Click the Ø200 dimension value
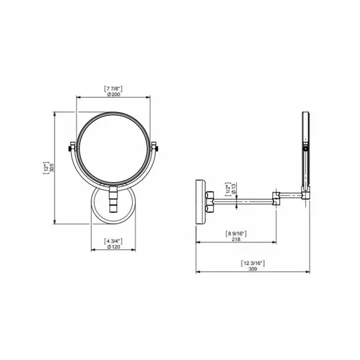point(113,94)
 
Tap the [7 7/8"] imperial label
point(113,88)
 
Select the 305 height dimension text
point(52,167)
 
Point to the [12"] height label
point(46,167)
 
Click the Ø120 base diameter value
point(113,247)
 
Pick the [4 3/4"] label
point(113,241)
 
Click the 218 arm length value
point(236,239)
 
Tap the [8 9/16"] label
point(236,234)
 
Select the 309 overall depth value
point(253,269)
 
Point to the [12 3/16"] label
point(253,263)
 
